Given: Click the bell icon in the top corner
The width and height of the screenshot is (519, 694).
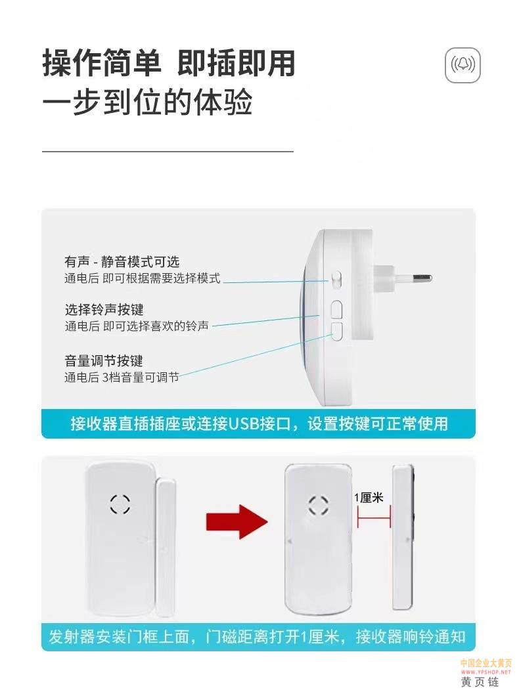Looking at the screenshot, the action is click(x=463, y=65).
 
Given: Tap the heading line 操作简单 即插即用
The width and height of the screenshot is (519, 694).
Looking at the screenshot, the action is click(x=169, y=63).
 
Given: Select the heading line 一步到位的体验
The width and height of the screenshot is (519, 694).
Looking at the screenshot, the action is click(x=147, y=102).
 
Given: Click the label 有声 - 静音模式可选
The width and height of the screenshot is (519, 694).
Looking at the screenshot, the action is click(x=122, y=261).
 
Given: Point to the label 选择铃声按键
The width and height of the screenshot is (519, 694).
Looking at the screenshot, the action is click(x=104, y=310).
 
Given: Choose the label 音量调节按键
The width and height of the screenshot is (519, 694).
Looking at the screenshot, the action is click(x=104, y=360).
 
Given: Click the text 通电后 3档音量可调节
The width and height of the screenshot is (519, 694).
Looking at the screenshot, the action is click(x=122, y=378).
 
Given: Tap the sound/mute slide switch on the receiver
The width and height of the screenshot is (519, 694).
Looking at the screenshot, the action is click(x=336, y=280).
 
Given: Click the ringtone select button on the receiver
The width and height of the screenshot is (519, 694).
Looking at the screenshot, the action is click(x=336, y=310).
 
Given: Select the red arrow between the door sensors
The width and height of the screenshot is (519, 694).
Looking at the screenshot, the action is click(x=237, y=521).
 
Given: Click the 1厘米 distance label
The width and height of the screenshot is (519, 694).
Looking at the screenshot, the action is click(x=369, y=498).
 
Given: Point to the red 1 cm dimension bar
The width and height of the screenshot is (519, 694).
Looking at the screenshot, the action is click(x=374, y=517).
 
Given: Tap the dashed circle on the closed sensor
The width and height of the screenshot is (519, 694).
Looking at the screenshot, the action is click(x=120, y=504).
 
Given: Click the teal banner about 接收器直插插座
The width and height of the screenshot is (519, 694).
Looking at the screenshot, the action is click(x=258, y=423).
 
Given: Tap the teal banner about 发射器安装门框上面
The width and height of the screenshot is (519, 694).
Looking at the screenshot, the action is click(x=258, y=637).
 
